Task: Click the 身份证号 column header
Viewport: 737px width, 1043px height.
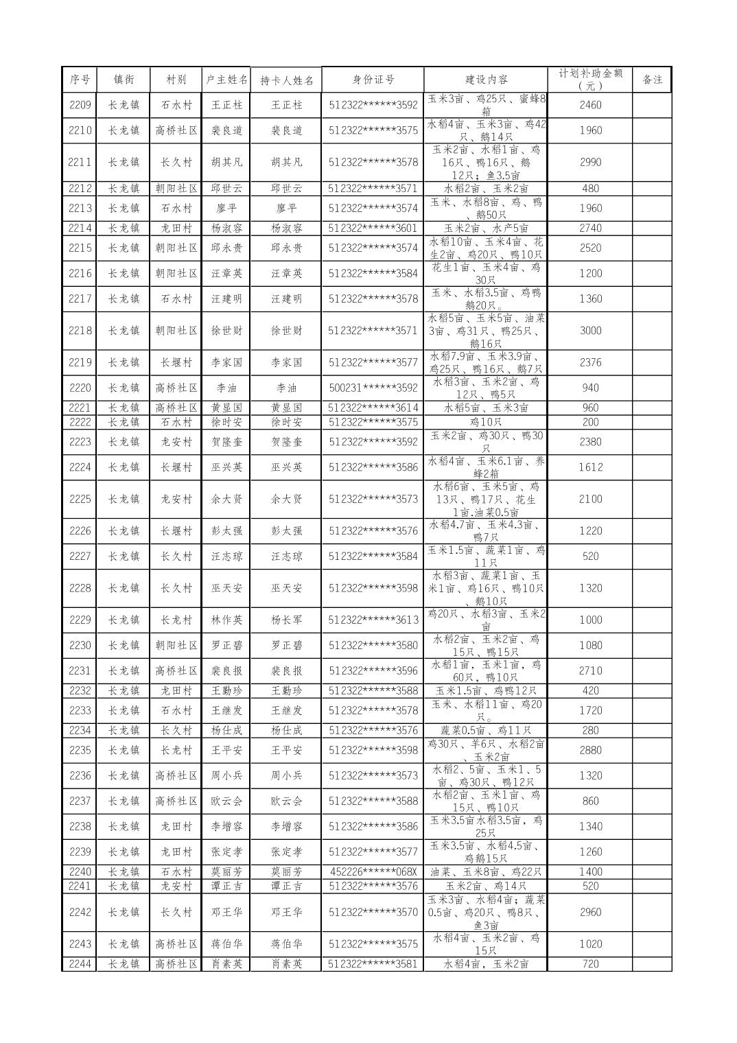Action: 373,79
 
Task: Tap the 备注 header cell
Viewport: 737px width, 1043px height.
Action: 651,79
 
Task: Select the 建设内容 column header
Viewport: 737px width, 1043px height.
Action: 486,79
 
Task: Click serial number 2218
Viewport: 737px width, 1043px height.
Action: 80,331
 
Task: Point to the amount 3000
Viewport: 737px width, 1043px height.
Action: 590,331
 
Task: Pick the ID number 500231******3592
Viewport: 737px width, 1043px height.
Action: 373,388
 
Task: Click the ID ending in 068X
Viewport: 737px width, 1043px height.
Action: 373,871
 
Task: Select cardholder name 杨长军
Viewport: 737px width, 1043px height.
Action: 286,620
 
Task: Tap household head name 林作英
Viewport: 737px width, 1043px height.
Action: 226,620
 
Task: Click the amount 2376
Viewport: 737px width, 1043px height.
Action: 590,362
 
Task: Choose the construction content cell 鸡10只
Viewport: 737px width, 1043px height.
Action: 486,422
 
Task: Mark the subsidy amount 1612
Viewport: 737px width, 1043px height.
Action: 590,467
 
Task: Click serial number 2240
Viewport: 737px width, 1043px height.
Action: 80,871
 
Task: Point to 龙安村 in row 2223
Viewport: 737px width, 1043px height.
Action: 176,442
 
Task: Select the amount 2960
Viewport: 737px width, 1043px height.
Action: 590,912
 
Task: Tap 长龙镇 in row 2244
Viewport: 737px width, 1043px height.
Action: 124,964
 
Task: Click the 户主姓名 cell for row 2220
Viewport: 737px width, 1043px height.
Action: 226,388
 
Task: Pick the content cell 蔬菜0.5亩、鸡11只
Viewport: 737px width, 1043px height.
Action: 486,730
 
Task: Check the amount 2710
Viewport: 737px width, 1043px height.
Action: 590,670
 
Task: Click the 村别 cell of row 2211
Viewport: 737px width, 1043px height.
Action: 176,162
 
